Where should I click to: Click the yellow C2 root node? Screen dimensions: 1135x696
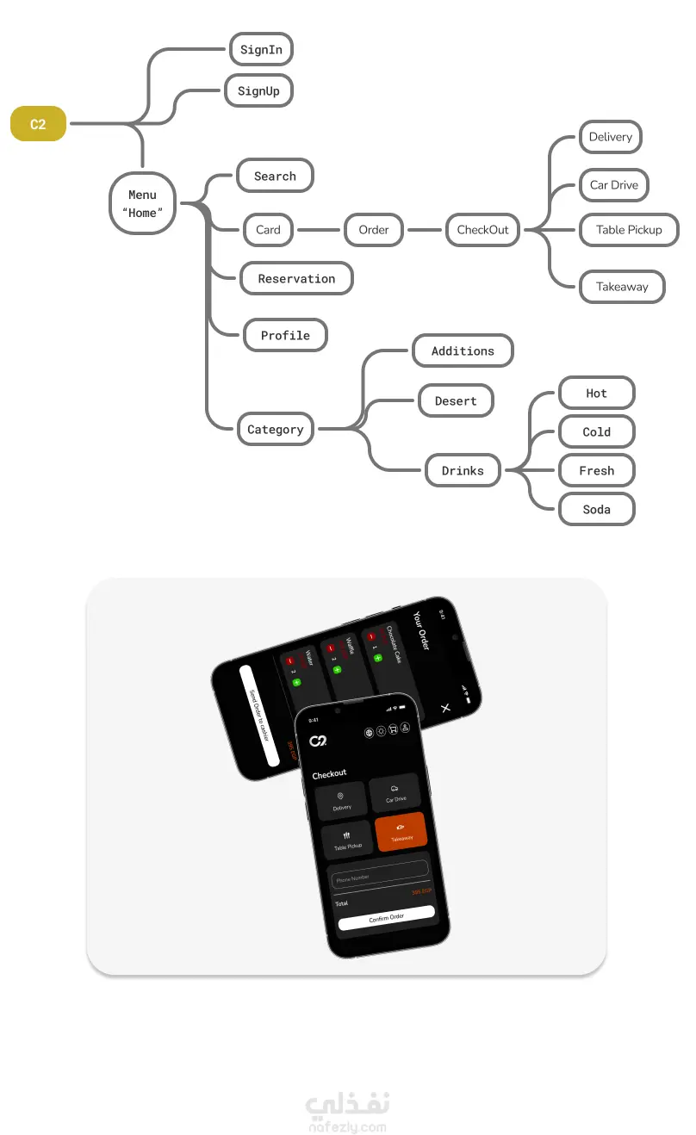click(38, 124)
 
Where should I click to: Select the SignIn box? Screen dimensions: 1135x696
click(261, 50)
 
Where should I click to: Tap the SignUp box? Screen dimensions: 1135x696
click(258, 91)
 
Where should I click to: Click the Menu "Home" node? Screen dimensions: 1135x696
click(142, 204)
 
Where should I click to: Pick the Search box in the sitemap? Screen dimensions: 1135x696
click(275, 177)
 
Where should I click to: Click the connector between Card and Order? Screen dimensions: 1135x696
click(319, 230)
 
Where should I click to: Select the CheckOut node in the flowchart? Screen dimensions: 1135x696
click(482, 230)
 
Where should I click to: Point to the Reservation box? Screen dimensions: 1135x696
click(296, 279)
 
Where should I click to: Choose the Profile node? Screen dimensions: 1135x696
click(284, 336)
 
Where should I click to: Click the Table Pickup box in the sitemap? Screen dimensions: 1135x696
click(629, 230)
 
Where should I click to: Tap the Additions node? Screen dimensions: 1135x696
click(463, 351)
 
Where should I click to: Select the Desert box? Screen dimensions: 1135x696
click(456, 401)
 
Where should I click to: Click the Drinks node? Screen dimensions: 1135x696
click(463, 471)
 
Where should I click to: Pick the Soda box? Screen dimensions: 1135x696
click(596, 510)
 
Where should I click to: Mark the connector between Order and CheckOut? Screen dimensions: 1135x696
click(424, 230)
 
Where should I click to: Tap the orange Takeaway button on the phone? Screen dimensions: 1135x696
click(401, 831)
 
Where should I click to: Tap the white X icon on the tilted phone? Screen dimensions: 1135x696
click(445, 708)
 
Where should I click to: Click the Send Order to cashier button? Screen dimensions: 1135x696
click(259, 715)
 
